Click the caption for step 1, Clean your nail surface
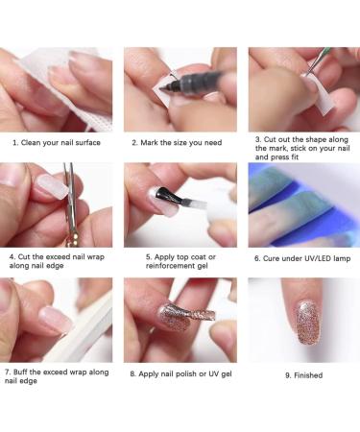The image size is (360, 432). coord(58,142)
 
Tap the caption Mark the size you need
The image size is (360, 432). coord(180,142)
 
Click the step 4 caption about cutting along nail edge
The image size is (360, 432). coord(58,262)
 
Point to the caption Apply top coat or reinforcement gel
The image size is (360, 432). coord(180,262)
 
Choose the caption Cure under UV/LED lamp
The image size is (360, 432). coord(303,257)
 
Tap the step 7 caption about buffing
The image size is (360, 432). coord(58,375)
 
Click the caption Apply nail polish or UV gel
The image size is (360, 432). coord(180,372)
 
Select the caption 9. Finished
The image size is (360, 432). coord(303,375)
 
